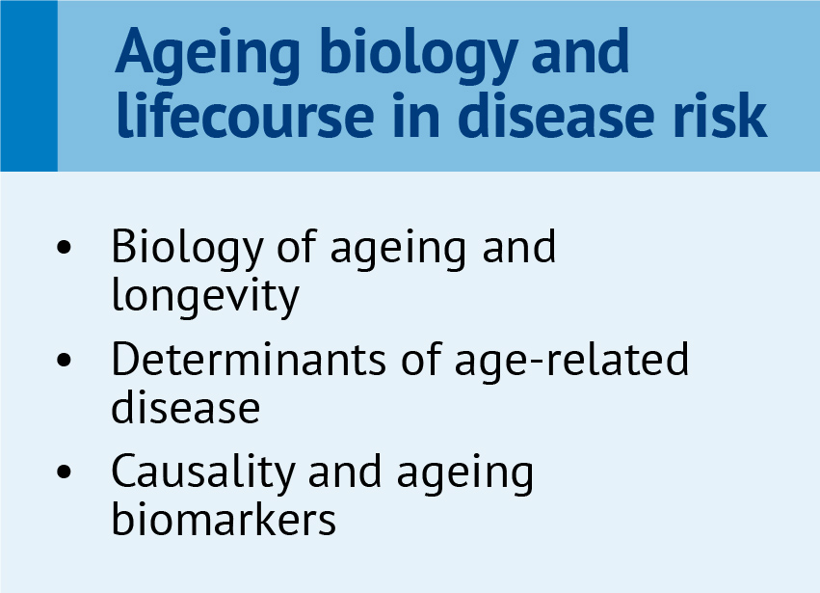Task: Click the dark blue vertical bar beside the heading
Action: pos(29,86)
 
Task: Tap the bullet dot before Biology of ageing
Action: pos(64,247)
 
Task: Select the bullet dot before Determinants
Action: pos(64,360)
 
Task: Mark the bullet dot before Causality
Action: pos(64,472)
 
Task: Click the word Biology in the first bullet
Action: pos(187,249)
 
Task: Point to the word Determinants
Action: pos(249,359)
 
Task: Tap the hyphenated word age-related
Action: pos(571,362)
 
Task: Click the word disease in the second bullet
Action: pos(186,408)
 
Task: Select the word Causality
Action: pos(203,473)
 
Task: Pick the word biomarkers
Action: pos(224,519)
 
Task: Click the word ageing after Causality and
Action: pos(465,473)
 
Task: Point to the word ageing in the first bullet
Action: pos(398,249)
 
